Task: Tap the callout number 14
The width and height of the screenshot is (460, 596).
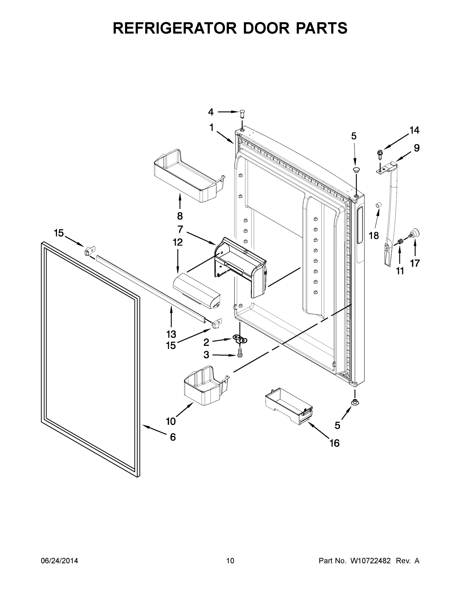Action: [414, 130]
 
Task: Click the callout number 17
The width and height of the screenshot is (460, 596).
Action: [415, 263]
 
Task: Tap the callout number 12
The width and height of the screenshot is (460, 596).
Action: [178, 242]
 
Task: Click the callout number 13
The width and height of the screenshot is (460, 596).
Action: [171, 334]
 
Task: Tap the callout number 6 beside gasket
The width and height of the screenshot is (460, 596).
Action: [173, 437]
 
